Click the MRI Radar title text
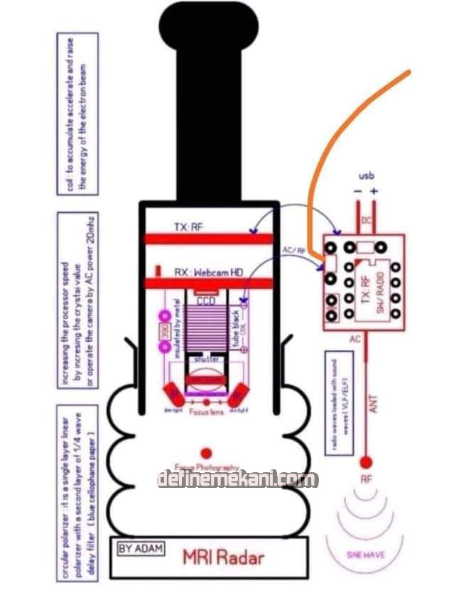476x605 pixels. point(223,556)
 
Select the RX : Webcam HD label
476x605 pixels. point(208,272)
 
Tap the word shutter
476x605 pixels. point(205,359)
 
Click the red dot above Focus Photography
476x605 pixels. point(206,452)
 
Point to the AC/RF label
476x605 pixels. point(294,251)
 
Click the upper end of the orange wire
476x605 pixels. point(409,72)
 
